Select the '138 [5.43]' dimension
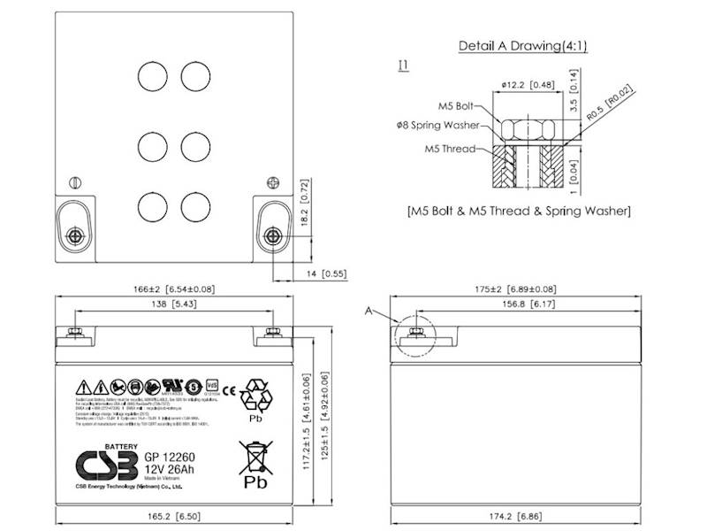click(x=172, y=304)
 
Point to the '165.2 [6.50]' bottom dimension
click(x=174, y=513)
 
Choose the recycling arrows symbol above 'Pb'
click(x=258, y=392)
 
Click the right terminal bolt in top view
click(x=272, y=236)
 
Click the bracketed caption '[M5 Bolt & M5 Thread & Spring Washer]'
click(x=519, y=212)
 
